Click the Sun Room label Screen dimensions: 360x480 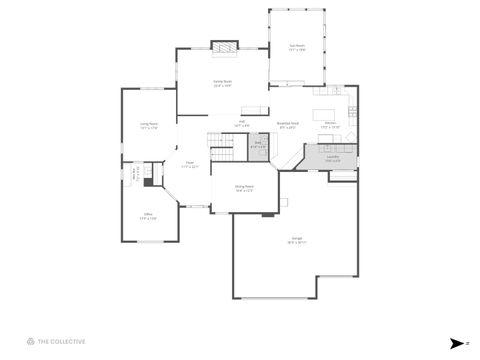pyautogui.click(x=297, y=46)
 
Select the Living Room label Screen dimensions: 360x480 pyautogui.click(x=150, y=126)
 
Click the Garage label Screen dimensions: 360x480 pyautogui.click(x=298, y=240)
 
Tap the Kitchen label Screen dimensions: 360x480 pyautogui.click(x=330, y=126)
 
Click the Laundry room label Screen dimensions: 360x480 pyautogui.click(x=332, y=158)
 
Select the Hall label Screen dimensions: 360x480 pyautogui.click(x=241, y=125)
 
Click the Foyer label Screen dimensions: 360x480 pyautogui.click(x=189, y=165)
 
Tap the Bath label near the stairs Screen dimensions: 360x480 pyautogui.click(x=257, y=145)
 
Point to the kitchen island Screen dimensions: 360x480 pyautogui.click(x=326, y=112)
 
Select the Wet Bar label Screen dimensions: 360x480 pyautogui.click(x=137, y=174)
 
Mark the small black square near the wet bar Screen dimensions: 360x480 pyautogui.click(x=147, y=181)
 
